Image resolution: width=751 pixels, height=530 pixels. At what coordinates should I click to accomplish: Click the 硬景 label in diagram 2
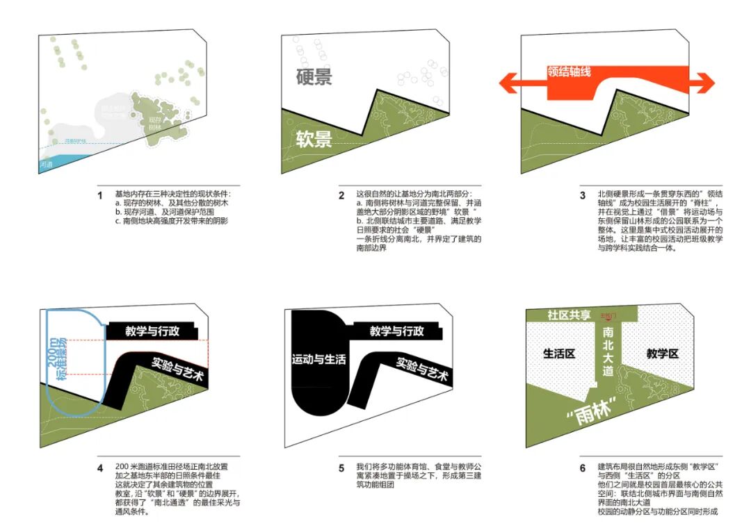[x=314, y=77]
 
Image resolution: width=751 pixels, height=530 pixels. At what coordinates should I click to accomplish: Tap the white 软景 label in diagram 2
[x=314, y=140]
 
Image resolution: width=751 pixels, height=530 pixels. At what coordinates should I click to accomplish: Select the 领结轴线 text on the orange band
[x=569, y=72]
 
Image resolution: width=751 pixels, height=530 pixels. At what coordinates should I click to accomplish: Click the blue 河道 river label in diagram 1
[x=47, y=165]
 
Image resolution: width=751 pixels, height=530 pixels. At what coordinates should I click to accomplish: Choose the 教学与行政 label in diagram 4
[x=152, y=331]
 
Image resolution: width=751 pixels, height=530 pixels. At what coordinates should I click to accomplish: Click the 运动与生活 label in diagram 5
[x=318, y=359]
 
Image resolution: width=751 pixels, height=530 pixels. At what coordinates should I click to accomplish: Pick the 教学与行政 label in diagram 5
[x=396, y=331]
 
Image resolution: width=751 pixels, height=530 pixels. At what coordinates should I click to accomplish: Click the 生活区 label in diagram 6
[x=559, y=354]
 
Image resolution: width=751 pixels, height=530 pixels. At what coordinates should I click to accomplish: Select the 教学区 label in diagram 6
[x=661, y=354]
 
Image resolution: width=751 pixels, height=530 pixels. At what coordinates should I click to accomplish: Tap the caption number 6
[x=583, y=468]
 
